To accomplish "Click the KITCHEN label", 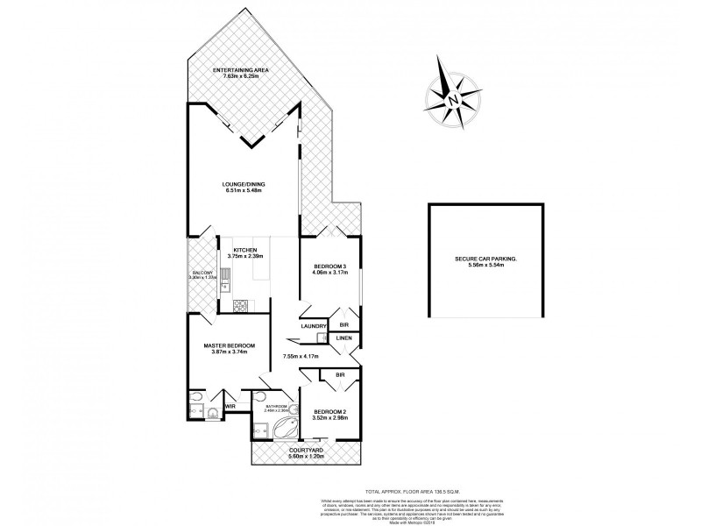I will pyautogui.click(x=245, y=250).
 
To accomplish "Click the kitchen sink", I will pyautogui.click(x=226, y=280).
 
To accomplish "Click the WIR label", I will pyautogui.click(x=231, y=407).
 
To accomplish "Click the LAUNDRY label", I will pyautogui.click(x=313, y=327).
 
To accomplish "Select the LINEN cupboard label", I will pyautogui.click(x=344, y=338).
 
